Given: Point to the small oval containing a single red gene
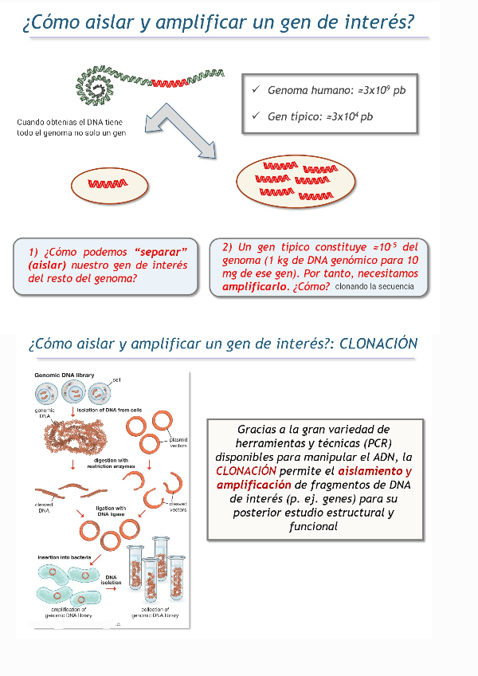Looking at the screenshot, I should click(x=110, y=184).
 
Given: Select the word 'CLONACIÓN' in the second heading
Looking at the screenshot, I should click(x=378, y=344).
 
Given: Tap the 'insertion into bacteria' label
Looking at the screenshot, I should click(x=67, y=556).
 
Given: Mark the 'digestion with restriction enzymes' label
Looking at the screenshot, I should click(x=111, y=464).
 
